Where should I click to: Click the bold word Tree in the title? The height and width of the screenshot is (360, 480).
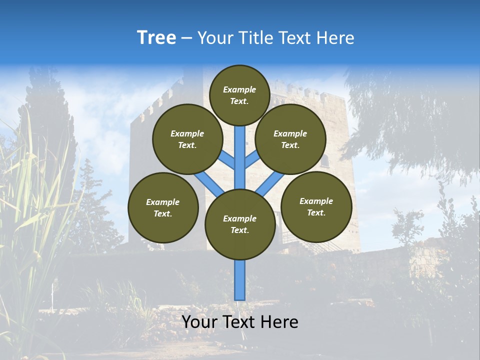point(156,38)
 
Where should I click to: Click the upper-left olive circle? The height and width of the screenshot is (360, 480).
point(187,139)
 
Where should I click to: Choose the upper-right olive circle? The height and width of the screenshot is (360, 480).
point(290,139)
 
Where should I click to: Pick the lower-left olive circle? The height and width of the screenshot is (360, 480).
point(163,207)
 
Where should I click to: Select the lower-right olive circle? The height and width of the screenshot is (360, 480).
point(316,206)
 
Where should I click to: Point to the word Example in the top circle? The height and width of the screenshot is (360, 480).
point(239,89)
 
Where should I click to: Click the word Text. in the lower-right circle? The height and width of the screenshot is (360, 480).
point(316,212)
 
